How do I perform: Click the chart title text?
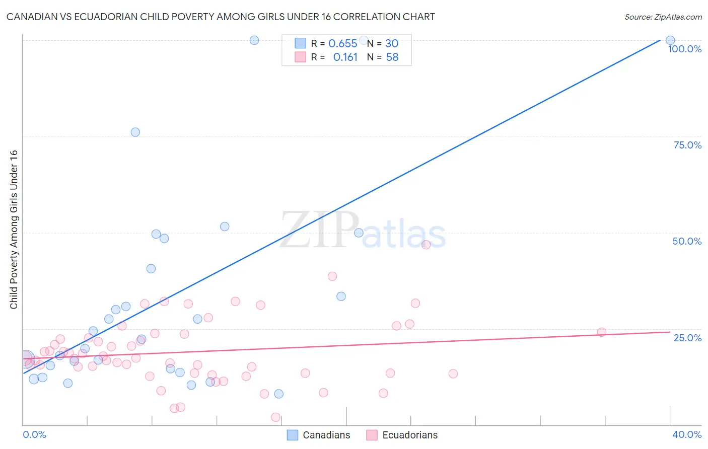point(221,17)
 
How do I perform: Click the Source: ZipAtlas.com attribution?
point(663,17)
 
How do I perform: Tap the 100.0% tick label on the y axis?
point(684,49)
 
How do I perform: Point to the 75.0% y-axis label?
point(687,145)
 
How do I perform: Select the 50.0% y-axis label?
point(686,241)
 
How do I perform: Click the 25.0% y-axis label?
point(687,337)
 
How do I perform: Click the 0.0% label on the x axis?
point(34,434)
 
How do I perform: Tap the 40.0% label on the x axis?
point(686,434)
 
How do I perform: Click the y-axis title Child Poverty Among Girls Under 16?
point(14,230)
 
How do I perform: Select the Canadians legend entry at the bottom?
point(318,435)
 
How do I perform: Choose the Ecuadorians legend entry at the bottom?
point(402,435)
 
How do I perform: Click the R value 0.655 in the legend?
point(342,43)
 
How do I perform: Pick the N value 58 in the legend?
point(392,57)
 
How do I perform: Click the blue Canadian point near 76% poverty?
point(135,132)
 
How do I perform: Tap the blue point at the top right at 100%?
point(670,40)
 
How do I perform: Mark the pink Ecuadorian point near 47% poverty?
point(426,245)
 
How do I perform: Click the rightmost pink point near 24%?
point(601,332)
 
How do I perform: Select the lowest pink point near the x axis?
point(275,417)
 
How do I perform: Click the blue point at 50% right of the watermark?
point(359,233)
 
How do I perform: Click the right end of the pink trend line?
point(670,332)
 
